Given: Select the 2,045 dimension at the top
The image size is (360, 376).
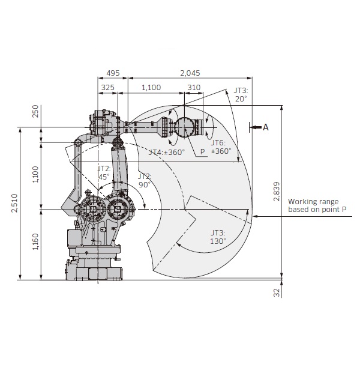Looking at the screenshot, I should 190,73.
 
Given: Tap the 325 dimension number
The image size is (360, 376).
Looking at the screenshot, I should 108,88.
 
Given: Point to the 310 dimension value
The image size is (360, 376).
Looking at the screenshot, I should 194,88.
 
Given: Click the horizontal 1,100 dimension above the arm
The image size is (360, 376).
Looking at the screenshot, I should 151,88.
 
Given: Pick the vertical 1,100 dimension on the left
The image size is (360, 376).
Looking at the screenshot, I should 35,174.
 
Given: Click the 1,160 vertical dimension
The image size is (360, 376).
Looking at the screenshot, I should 35,243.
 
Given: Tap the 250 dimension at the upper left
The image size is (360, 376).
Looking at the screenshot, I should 35,111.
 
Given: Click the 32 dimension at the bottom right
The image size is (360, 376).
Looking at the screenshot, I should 277,293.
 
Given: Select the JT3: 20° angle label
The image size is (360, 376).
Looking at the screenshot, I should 241,94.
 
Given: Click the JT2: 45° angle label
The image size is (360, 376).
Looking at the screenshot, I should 104,173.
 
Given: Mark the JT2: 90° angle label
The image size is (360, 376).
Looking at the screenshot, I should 145,181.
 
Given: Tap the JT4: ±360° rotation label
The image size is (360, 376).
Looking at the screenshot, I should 167,152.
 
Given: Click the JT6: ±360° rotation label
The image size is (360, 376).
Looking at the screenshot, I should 220,147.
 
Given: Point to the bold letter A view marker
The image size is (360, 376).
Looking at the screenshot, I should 266,127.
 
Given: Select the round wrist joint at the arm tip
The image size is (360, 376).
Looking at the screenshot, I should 185,127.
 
